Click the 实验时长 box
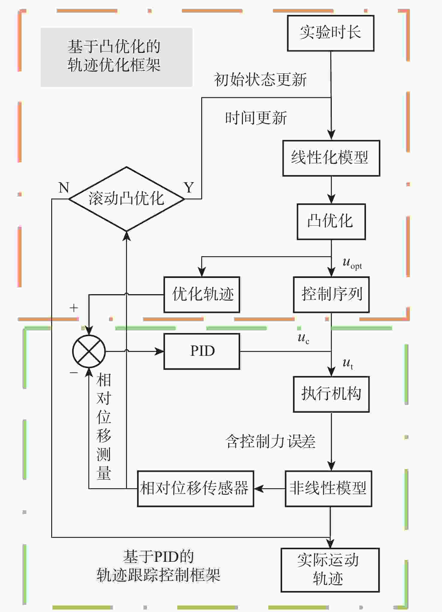click(x=331, y=33)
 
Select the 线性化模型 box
click(x=331, y=158)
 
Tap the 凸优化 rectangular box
click(x=331, y=222)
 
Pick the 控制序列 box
click(x=331, y=294)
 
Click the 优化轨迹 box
click(x=202, y=294)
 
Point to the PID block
click(x=202, y=351)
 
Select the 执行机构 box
click(x=331, y=394)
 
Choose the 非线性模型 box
click(x=329, y=489)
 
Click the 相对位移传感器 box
click(x=196, y=489)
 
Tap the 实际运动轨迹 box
click(x=330, y=570)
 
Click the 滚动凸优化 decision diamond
click(x=126, y=199)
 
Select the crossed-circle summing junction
click(x=89, y=351)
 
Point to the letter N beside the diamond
click(x=64, y=188)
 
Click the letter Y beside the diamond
click(x=189, y=188)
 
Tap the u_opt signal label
click(x=352, y=263)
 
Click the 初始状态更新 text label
click(x=260, y=80)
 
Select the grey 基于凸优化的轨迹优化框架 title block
click(x=116, y=57)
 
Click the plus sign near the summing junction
click(x=74, y=308)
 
